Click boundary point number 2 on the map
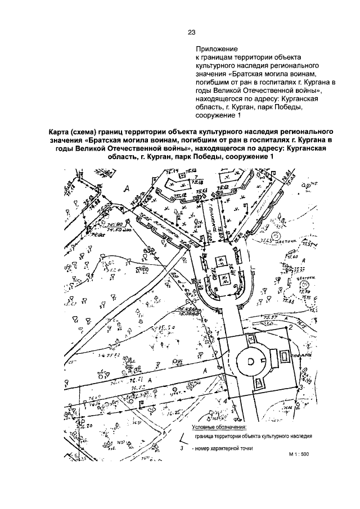[x=290, y=327]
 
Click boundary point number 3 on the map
[x=302, y=388]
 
